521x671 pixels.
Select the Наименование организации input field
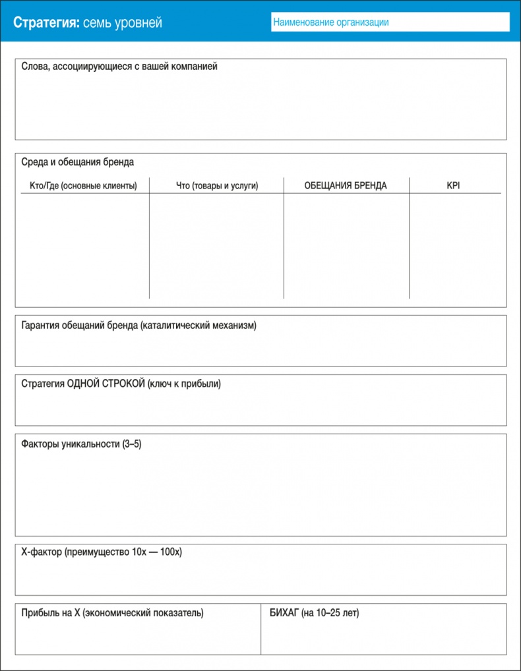pos(390,22)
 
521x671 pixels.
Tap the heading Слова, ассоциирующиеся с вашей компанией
pos(119,67)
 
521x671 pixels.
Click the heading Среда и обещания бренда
pos(78,161)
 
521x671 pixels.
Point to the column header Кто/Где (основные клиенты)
pos(83,186)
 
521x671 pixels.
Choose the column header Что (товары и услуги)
pos(217,186)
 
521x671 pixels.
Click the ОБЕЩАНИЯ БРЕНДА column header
pos(346,186)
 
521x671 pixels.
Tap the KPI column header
pos(453,186)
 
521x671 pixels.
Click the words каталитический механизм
pos(199,326)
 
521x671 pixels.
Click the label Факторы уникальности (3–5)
pos(82,444)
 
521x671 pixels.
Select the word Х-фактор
pos(42,552)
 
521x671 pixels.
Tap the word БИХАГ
pos(284,613)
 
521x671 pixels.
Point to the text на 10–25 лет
pos(331,613)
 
